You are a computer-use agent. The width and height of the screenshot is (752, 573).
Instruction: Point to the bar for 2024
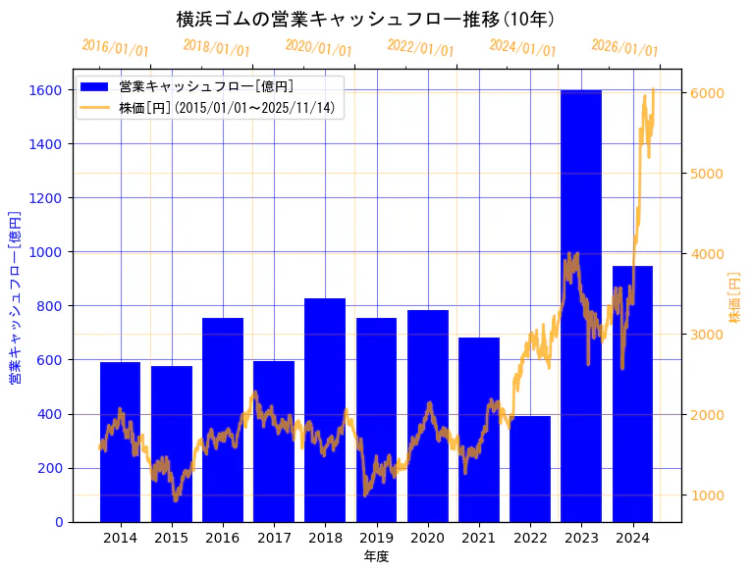(x=632, y=393)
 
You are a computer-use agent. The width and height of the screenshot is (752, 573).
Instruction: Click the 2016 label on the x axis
(x=223, y=538)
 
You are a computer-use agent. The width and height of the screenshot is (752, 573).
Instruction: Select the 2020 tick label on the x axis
(x=427, y=538)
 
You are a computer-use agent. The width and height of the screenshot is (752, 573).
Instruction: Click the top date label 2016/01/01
(x=116, y=47)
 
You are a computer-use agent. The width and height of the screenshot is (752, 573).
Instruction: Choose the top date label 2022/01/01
(x=421, y=47)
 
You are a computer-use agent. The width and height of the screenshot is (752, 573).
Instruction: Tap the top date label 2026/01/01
(x=625, y=47)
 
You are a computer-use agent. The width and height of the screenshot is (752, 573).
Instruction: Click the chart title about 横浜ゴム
(x=365, y=20)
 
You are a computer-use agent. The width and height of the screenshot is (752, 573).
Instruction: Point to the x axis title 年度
(x=376, y=556)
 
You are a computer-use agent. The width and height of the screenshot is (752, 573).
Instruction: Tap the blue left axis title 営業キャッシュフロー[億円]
(x=15, y=296)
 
